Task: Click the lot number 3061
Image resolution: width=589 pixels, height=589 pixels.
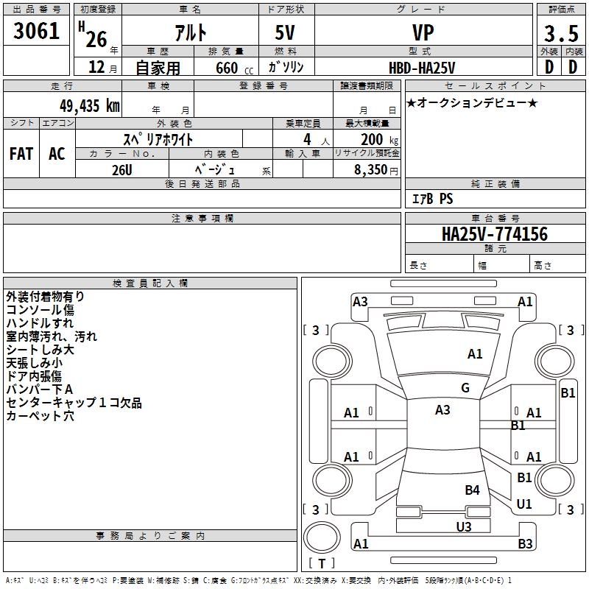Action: tap(37, 32)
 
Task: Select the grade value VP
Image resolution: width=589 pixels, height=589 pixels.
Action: tap(423, 32)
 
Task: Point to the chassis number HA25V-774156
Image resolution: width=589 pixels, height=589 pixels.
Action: tap(494, 234)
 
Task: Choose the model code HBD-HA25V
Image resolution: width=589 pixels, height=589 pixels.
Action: tap(422, 67)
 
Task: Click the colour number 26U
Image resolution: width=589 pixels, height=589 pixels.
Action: tap(122, 169)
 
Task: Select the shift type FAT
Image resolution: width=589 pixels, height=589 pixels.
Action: tap(21, 154)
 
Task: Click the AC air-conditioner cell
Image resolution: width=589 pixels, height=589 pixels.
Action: tap(57, 154)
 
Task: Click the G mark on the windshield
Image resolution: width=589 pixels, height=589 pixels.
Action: tap(465, 388)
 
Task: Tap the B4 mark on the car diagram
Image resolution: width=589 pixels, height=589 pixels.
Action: tap(472, 490)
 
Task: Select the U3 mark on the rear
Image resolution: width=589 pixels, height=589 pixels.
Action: tap(463, 526)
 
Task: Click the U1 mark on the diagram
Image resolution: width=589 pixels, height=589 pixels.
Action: tap(524, 504)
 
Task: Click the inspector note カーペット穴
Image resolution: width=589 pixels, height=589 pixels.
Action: tap(40, 416)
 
